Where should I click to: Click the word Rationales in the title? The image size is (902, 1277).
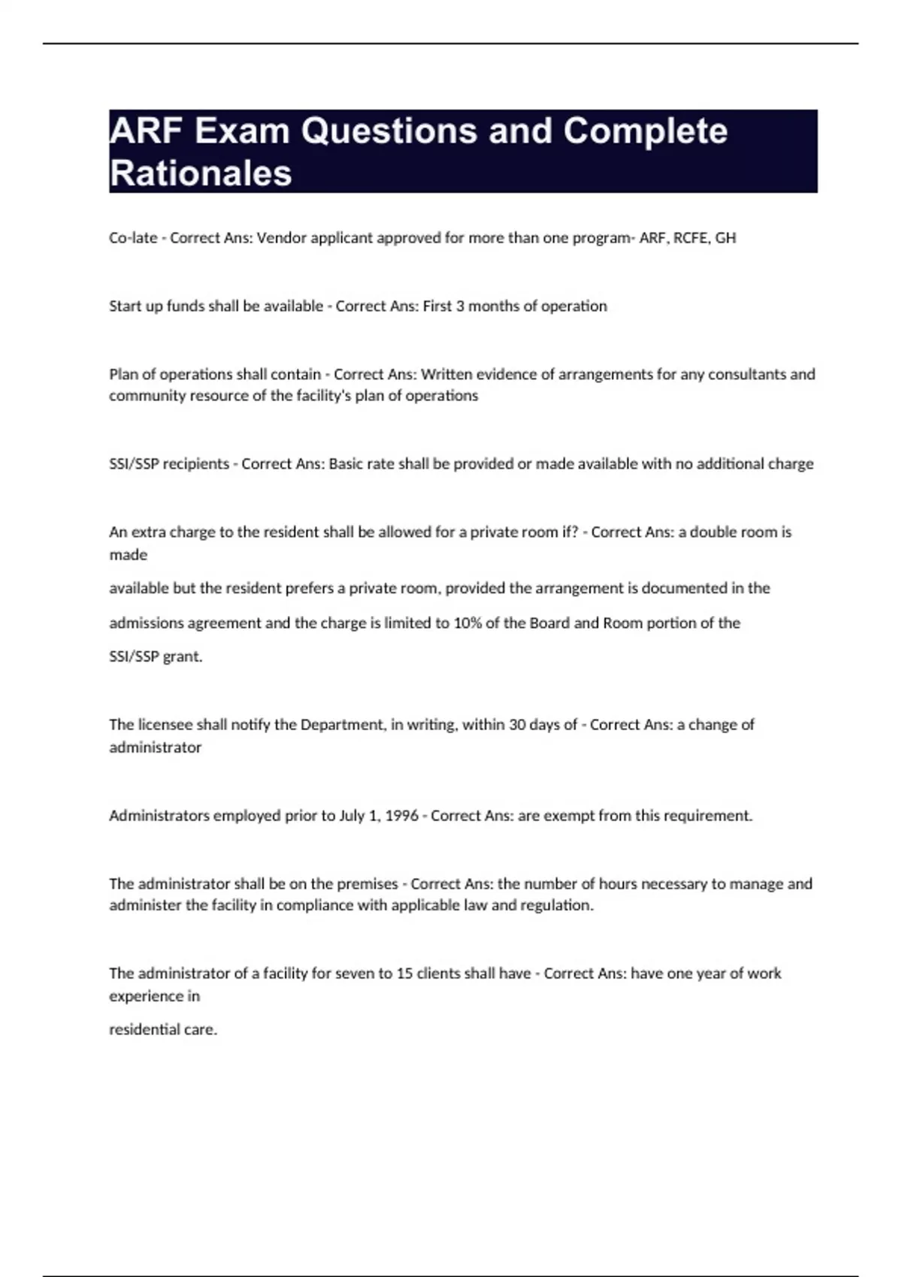click(201, 173)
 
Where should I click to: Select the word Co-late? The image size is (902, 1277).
click(133, 238)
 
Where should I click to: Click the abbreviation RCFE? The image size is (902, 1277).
click(691, 238)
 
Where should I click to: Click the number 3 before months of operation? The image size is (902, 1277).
click(460, 306)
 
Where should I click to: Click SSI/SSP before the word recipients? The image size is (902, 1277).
click(134, 464)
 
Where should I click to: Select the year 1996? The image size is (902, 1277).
click(401, 816)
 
